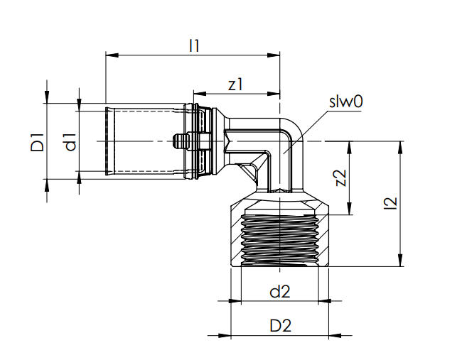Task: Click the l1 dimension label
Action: click(x=194, y=45)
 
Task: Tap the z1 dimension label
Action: click(x=236, y=84)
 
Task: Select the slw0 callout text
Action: click(x=345, y=102)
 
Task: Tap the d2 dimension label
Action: click(x=281, y=291)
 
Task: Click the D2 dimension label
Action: click(x=281, y=326)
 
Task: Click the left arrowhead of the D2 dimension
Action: click(x=234, y=335)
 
